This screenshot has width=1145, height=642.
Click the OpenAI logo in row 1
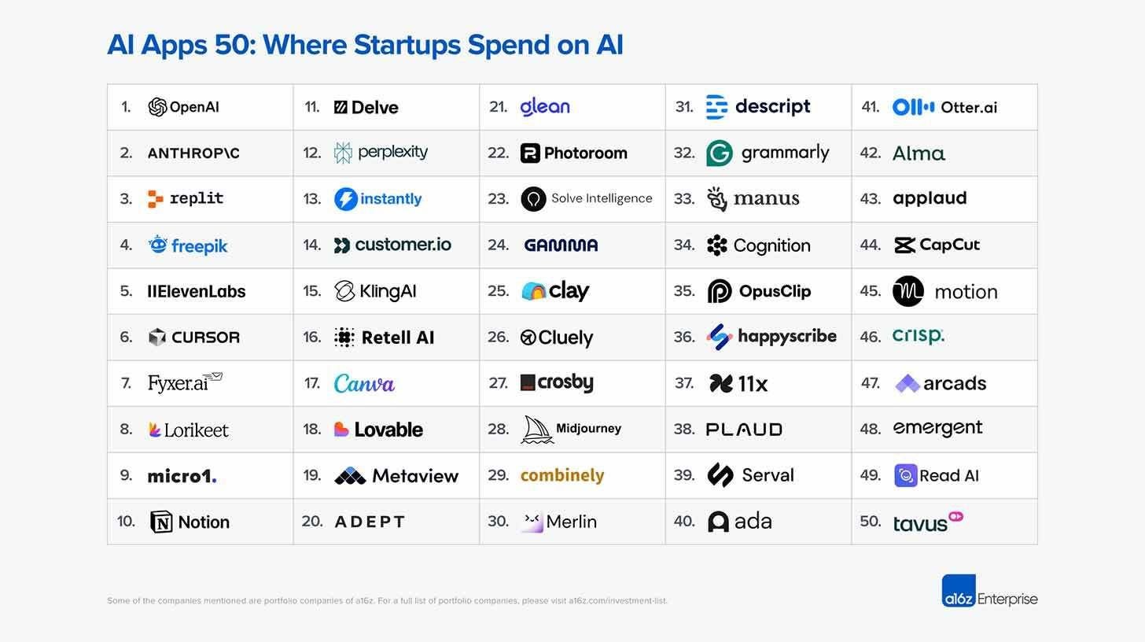[157, 107]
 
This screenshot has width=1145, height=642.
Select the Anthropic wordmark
[193, 153]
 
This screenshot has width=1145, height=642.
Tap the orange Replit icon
[156, 199]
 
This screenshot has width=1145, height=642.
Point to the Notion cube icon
[161, 522]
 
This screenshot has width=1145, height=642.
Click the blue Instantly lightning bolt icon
[346, 199]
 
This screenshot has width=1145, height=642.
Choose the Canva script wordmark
[364, 384]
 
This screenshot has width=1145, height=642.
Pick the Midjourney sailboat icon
[537, 430]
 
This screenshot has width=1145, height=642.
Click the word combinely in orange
[562, 475]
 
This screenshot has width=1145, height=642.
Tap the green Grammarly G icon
[720, 153]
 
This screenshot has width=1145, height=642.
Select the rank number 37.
[684, 383]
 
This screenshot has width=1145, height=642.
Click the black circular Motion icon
[908, 291]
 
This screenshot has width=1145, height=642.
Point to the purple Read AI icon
[906, 475]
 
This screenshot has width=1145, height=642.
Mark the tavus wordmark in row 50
[920, 523]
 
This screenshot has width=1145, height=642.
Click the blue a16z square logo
[959, 591]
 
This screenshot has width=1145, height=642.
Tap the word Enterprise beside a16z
[1007, 600]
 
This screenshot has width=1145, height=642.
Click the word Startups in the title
[407, 45]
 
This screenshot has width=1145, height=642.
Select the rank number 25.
[498, 291]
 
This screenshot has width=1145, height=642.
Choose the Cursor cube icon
[157, 338]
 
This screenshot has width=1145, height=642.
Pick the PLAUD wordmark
[744, 430]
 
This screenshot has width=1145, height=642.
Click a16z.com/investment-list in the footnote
[617, 601]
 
